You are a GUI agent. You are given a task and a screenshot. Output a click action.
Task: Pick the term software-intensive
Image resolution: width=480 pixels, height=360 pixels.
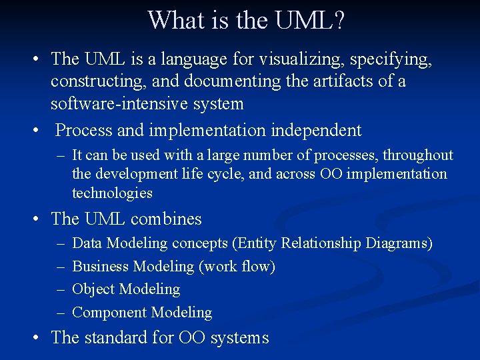click(119, 104)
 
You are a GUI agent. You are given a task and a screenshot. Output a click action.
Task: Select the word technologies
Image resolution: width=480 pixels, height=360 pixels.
click(112, 193)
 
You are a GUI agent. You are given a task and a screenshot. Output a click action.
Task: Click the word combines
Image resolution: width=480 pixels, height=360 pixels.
click(166, 219)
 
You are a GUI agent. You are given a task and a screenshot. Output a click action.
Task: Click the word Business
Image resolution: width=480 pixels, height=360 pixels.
click(101, 267)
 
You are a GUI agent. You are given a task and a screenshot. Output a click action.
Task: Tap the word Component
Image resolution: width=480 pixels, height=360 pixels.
click(109, 312)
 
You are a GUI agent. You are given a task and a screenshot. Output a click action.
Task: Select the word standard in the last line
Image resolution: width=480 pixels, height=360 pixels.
click(115, 337)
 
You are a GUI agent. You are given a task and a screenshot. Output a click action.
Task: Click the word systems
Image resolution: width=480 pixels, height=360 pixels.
click(239, 338)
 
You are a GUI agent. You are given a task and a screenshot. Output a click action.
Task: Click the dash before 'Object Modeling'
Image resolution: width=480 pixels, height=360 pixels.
click(61, 290)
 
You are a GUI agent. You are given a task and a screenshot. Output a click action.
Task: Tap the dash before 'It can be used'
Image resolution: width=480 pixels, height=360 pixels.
click(61, 156)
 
